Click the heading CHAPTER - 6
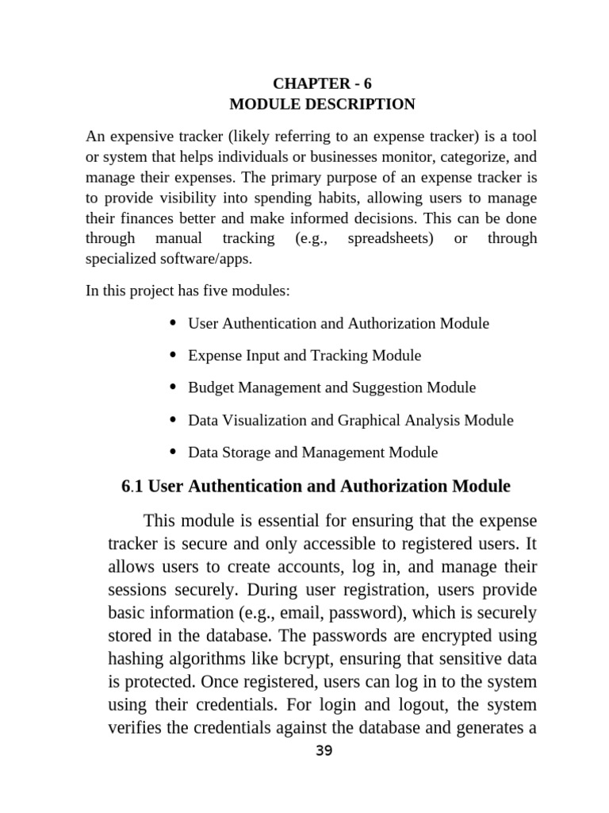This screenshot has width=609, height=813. click(322, 83)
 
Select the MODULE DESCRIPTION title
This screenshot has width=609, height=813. click(322, 104)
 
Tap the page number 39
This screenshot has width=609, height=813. click(324, 751)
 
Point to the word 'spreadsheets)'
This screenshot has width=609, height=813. click(390, 238)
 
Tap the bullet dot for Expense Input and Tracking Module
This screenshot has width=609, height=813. click(174, 355)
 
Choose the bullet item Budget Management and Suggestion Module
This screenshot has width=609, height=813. click(331, 387)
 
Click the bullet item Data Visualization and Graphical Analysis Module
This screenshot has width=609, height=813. click(350, 420)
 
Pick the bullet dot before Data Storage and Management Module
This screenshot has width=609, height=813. click(174, 452)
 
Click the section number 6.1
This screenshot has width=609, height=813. click(132, 486)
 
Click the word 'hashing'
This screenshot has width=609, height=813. click(137, 659)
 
